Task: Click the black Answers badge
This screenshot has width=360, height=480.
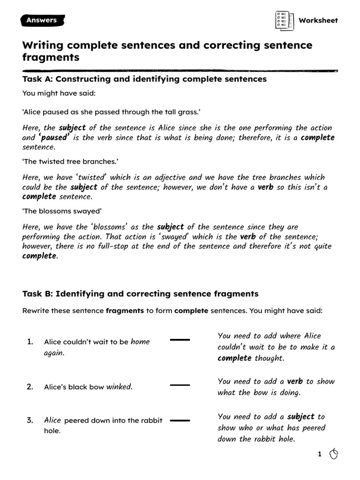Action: pyautogui.click(x=42, y=20)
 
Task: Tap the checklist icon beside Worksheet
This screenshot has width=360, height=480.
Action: pyautogui.click(x=283, y=20)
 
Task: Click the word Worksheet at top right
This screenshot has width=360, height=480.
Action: pyautogui.click(x=318, y=21)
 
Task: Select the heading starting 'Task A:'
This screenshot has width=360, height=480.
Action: pyautogui.click(x=144, y=79)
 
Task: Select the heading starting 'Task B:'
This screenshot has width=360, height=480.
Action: pyautogui.click(x=140, y=294)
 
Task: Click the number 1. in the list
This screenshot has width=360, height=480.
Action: pyautogui.click(x=30, y=342)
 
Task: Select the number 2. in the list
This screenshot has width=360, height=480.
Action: pyautogui.click(x=30, y=387)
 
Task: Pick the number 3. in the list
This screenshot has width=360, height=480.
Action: pyautogui.click(x=30, y=420)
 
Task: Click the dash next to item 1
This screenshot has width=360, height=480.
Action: pyautogui.click(x=180, y=339)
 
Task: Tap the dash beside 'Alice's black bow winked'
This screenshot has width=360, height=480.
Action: pyautogui.click(x=180, y=385)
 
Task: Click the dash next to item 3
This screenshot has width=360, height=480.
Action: pyautogui.click(x=180, y=420)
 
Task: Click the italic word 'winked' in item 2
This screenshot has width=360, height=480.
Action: pyautogui.click(x=119, y=387)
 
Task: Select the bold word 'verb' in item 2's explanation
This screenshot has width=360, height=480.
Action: pyautogui.click(x=295, y=381)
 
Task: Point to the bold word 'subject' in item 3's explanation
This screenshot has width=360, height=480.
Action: pyautogui.click(x=301, y=416)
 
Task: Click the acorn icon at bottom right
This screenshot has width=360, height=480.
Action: pyautogui.click(x=334, y=454)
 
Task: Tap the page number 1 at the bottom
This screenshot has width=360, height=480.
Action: pyautogui.click(x=320, y=454)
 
